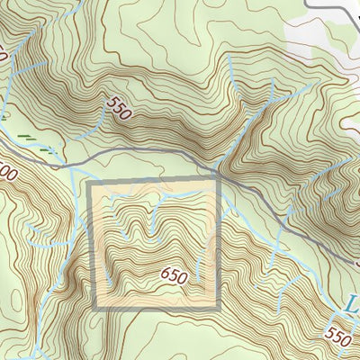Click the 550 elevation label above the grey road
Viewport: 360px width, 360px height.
pyautogui.click(x=117, y=108)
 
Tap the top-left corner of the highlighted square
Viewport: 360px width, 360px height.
pyautogui.click(x=91, y=184)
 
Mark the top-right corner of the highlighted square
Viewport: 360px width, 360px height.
pyautogui.click(x=218, y=184)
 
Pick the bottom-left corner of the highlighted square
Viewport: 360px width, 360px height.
pyautogui.click(x=91, y=309)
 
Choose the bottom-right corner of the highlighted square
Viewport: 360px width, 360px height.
pyautogui.click(x=218, y=309)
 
